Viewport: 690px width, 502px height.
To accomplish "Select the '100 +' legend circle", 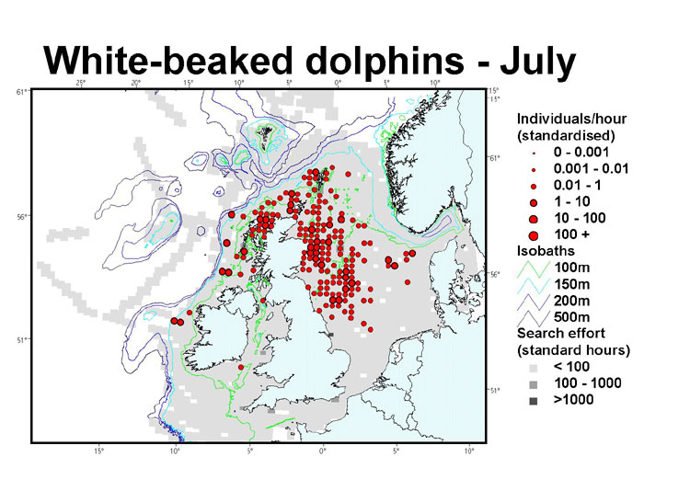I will point(534,235).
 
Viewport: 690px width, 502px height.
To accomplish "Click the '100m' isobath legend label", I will point(573,268).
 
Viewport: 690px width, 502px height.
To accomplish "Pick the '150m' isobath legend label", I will point(573,284).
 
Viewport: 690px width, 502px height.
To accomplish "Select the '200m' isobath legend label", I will point(573,301).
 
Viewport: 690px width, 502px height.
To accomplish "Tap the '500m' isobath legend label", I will point(573,317).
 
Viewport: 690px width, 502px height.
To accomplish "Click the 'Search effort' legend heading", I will point(558,334).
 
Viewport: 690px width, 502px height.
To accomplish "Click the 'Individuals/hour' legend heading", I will point(570,120).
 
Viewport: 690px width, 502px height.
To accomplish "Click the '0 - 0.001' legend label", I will point(585,152).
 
